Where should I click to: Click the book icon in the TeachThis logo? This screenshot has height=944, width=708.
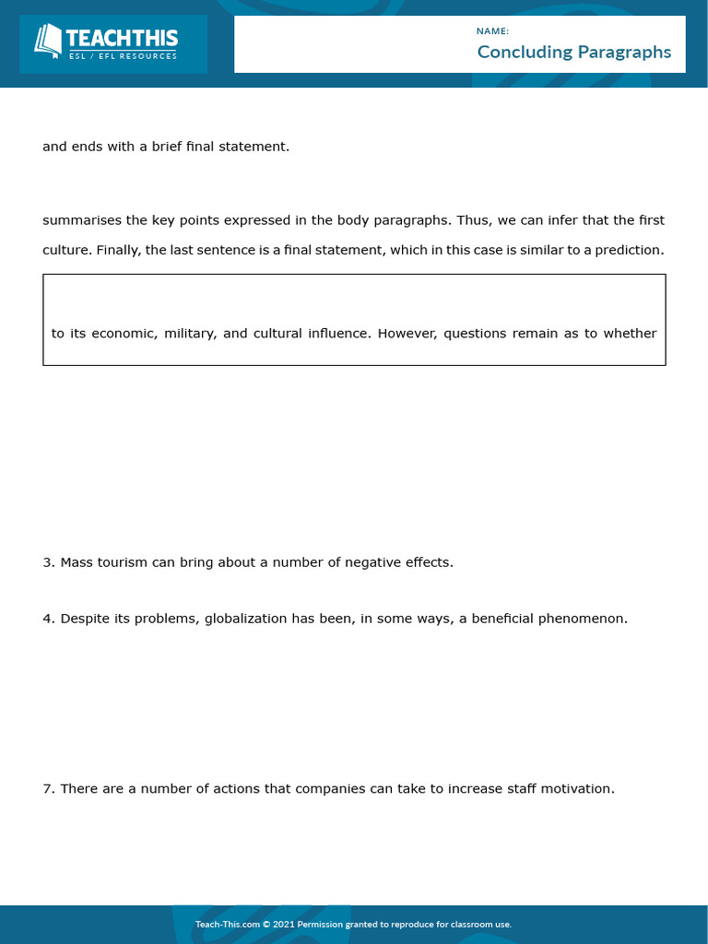(47, 40)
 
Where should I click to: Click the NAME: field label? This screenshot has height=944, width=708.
(493, 31)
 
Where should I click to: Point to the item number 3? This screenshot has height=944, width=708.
(47, 562)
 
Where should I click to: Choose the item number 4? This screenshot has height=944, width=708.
(47, 619)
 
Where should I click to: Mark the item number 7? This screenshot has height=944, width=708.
(47, 789)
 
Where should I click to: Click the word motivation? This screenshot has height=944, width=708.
(576, 789)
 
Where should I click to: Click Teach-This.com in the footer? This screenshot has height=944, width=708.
(227, 925)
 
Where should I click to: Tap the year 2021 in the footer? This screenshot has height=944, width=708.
(285, 925)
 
